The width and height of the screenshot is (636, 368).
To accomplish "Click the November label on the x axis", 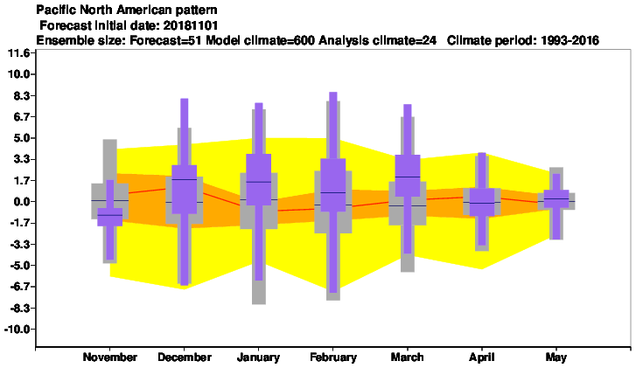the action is tap(110, 357).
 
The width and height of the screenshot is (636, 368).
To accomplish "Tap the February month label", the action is tap(333, 357).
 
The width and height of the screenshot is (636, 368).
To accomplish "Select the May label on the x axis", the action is tap(556, 357).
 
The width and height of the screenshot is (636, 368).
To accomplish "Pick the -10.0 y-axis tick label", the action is tap(17, 329).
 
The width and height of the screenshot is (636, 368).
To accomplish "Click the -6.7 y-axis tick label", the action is tap(19, 287).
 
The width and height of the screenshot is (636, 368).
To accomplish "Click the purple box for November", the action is tap(110, 217).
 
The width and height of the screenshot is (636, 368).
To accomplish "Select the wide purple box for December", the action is tap(184, 190).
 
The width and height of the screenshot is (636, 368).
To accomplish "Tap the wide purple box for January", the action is tap(259, 179).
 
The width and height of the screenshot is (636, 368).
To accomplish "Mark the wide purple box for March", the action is tap(408, 176).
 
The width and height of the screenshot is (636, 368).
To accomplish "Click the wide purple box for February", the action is tap(333, 184).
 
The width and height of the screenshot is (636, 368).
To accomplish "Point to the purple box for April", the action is tap(482, 202).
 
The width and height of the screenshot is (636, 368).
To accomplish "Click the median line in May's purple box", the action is tap(556, 198).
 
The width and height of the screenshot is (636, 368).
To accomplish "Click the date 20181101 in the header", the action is tap(191, 25).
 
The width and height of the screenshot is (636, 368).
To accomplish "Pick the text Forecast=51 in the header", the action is tap(166, 40).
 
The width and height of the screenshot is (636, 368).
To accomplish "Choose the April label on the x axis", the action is tap(482, 358).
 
